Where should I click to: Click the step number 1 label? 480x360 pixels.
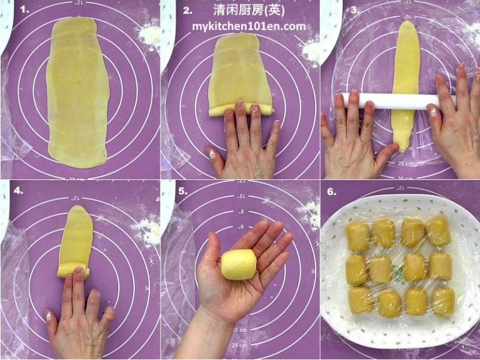(x=24, y=9)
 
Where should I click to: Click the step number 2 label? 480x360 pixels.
(x=187, y=10)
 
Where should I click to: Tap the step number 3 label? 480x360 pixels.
(x=354, y=9)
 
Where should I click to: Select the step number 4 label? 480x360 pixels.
(x=19, y=190)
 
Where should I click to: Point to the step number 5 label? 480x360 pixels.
(x=182, y=191)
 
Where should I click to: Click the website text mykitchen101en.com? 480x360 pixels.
(x=248, y=26)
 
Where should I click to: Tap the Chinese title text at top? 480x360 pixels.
(x=248, y=11)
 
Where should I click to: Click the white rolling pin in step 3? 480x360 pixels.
(x=387, y=101)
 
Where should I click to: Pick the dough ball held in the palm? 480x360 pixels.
(x=239, y=264)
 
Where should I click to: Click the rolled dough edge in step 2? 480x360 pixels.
(x=241, y=110)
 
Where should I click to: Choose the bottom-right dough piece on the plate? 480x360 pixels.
(x=444, y=301)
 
